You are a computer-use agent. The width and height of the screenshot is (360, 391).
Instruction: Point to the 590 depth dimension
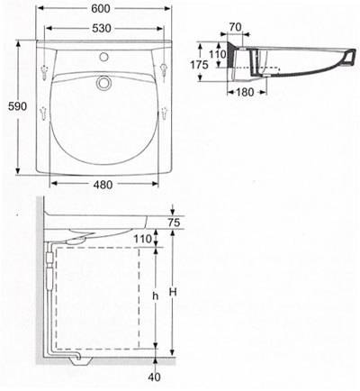click(13, 107)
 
